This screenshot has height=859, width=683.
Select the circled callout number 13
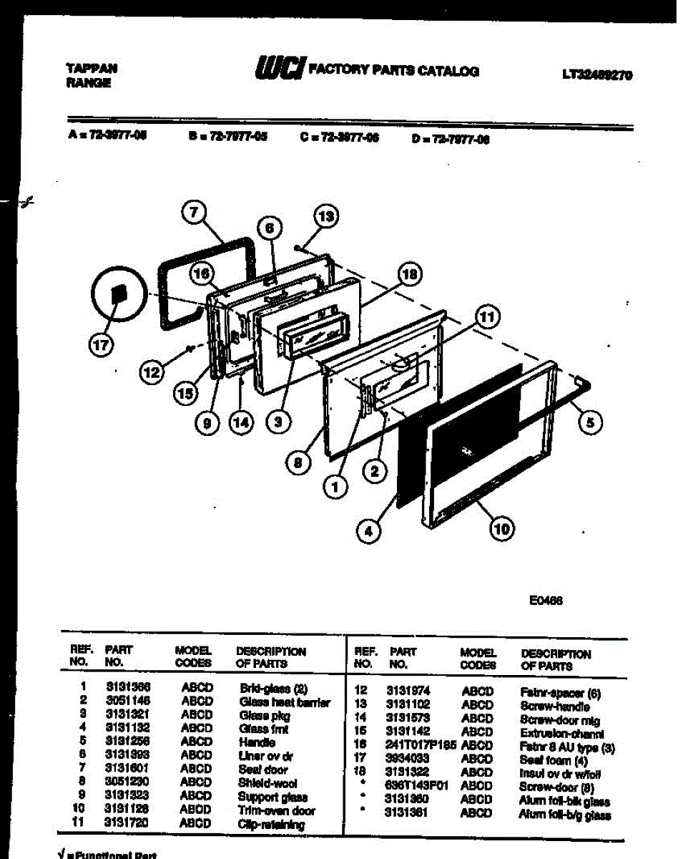326,216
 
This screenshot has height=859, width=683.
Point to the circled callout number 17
101,344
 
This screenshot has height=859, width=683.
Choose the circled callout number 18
409,273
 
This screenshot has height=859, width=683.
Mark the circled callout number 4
369,531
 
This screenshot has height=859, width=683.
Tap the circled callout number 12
152,372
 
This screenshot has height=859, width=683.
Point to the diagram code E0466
546,601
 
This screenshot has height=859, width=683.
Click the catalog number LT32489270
597,74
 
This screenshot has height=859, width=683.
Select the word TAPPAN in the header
92,69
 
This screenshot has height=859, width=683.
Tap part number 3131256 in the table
127,742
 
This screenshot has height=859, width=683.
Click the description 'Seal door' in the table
263,770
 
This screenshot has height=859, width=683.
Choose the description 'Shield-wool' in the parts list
268,783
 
